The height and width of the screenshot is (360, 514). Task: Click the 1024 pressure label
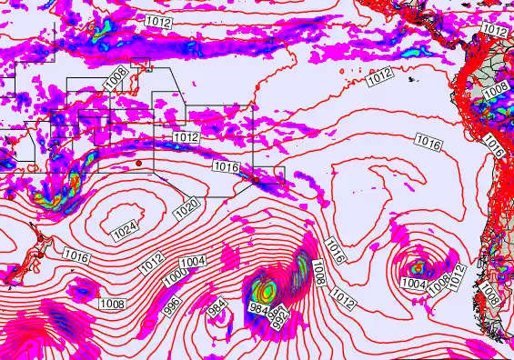[x=126, y=230]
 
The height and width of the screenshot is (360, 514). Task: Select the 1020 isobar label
[x=186, y=206]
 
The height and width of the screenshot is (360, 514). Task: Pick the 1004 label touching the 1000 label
[x=193, y=263]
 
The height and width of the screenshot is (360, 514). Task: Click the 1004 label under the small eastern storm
[x=413, y=284]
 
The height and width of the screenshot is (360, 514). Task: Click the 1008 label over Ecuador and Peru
[x=496, y=91]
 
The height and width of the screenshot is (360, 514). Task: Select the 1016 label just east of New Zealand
[x=77, y=258]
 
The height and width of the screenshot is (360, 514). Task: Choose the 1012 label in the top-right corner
[x=495, y=31]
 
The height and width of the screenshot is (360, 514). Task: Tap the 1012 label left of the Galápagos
[x=380, y=79]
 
